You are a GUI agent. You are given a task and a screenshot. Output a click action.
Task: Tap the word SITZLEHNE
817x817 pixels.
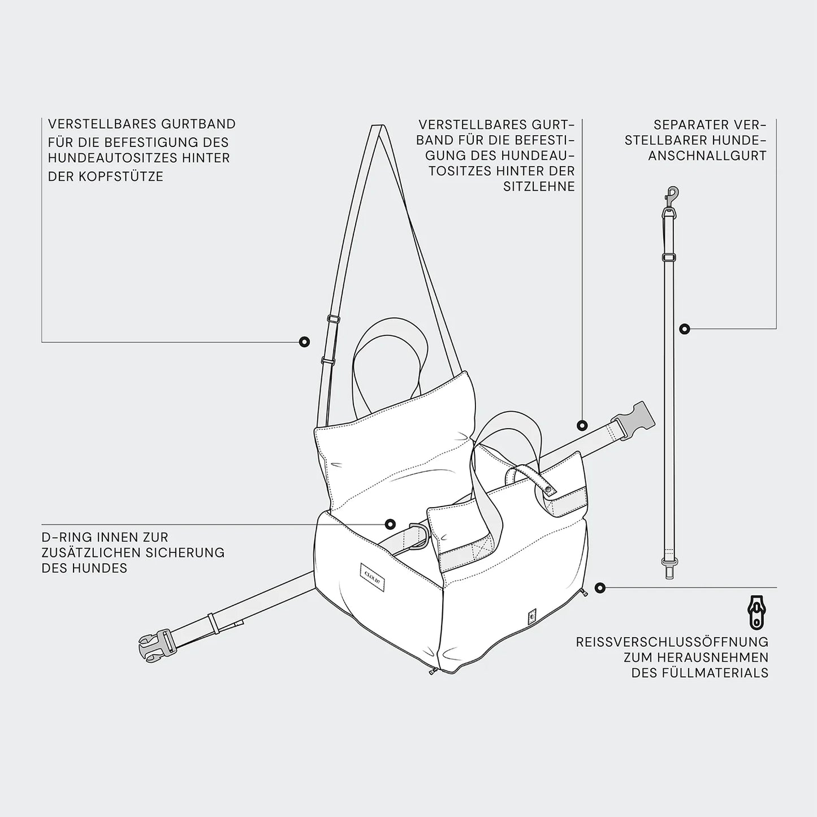(x=539, y=187)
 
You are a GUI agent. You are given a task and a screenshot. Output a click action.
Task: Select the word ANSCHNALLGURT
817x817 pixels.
(x=707, y=155)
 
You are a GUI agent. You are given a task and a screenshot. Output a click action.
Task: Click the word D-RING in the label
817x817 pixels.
(x=68, y=537)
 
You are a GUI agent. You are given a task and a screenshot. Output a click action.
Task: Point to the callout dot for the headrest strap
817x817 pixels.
(x=304, y=342)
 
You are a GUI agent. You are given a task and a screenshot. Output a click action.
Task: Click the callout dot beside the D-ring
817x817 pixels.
(x=390, y=524)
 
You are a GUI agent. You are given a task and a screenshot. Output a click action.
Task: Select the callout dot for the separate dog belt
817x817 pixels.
(x=684, y=328)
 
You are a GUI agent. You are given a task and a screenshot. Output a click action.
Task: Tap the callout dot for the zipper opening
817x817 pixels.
(x=599, y=587)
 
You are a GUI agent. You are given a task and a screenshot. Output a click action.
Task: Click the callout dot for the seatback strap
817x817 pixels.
(x=582, y=425)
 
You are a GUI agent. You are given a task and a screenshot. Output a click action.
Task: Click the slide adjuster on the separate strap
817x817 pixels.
(x=669, y=257)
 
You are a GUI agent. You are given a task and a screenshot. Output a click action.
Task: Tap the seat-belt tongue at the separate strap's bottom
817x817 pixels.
(x=669, y=569)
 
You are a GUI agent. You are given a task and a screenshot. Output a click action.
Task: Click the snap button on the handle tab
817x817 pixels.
(x=550, y=490)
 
